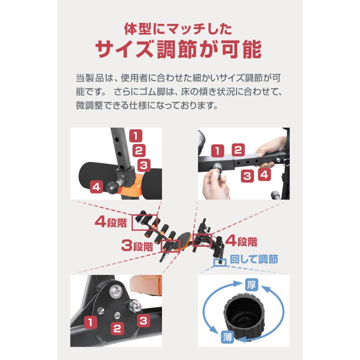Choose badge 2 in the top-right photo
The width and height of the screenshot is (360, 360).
(x=238, y=150)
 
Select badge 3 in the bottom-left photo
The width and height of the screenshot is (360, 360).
(x=144, y=320)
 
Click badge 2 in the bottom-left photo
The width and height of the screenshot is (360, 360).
(x=117, y=329)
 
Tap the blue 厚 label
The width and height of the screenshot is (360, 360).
(x=251, y=285)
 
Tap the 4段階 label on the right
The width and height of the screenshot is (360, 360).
(x=242, y=241)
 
